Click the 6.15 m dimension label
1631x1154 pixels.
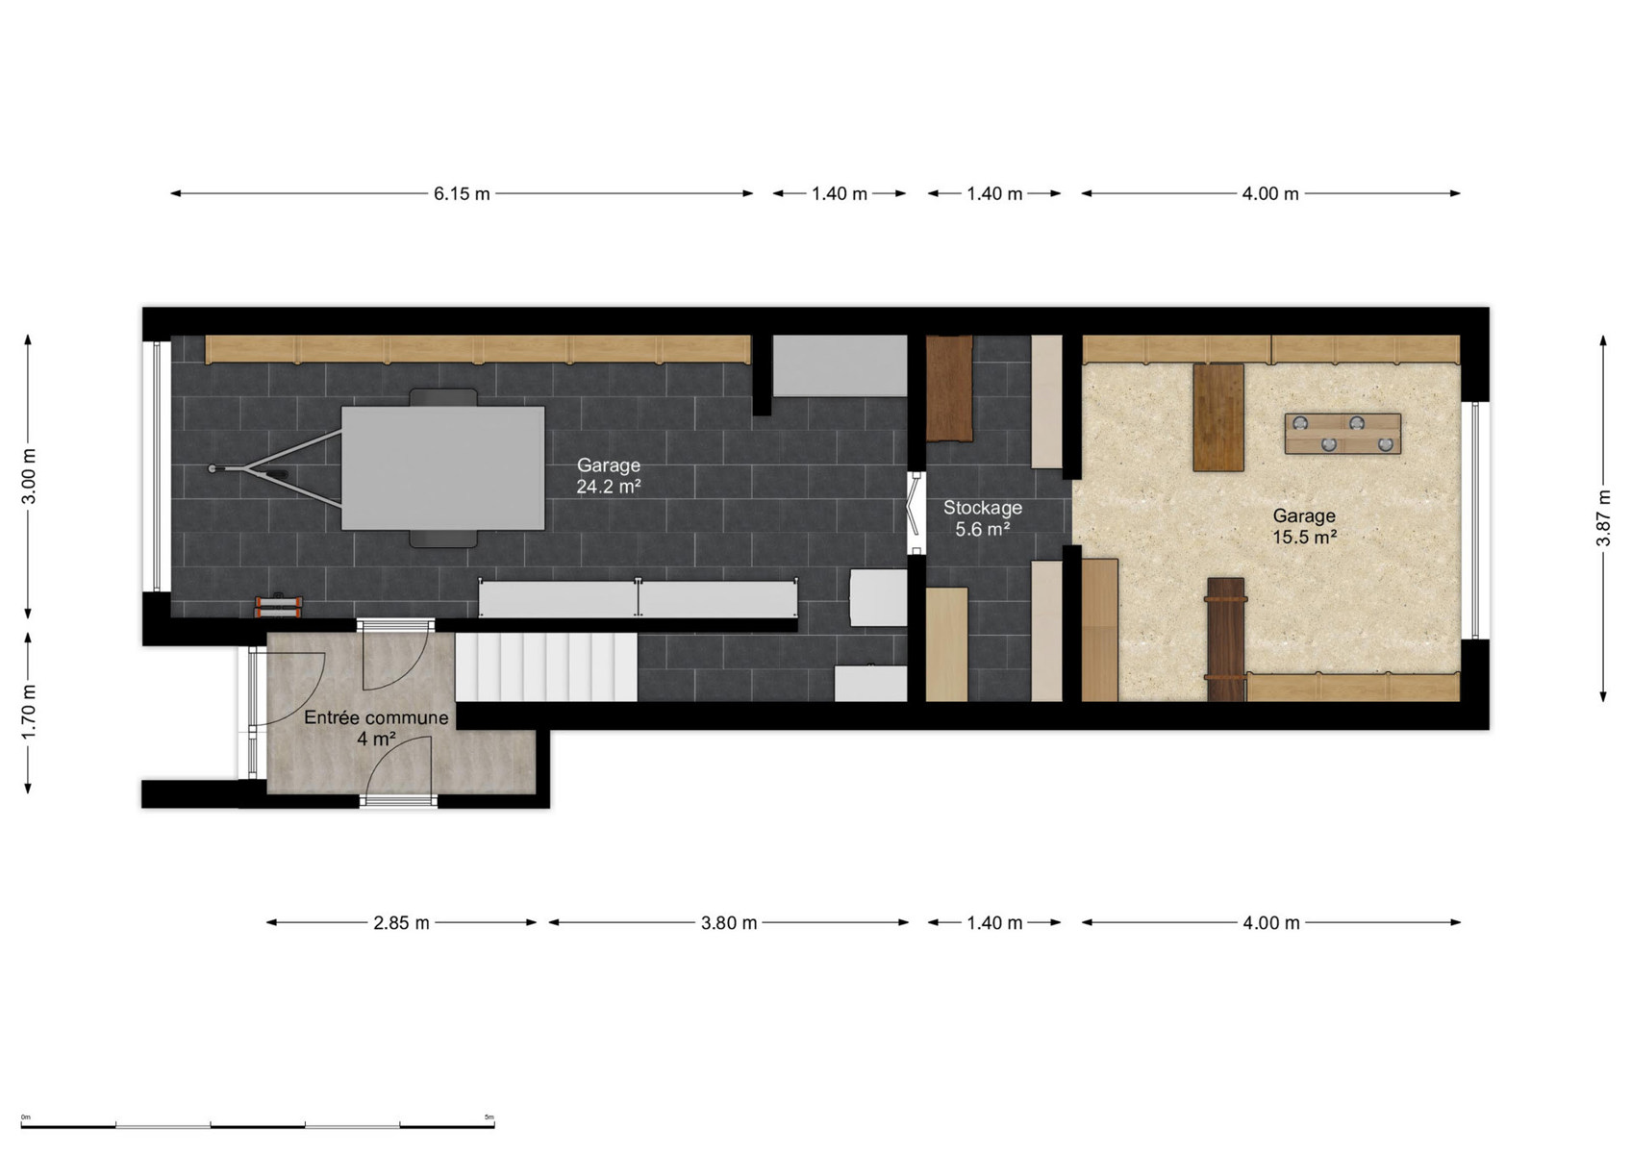pyautogui.click(x=462, y=193)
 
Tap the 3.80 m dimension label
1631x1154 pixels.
pyautogui.click(x=729, y=923)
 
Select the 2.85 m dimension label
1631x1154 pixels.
pyautogui.click(x=401, y=923)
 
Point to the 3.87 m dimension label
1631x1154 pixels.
pyautogui.click(x=1602, y=517)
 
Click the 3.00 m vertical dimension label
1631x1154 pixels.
pyautogui.click(x=29, y=476)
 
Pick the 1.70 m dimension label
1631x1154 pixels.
pyautogui.click(x=29, y=712)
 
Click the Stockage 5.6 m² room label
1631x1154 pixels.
pyautogui.click(x=982, y=518)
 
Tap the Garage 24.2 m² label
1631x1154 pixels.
pyautogui.click(x=609, y=475)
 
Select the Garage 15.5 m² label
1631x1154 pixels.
pyautogui.click(x=1304, y=526)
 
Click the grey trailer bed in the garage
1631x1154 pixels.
pyautogui.click(x=442, y=468)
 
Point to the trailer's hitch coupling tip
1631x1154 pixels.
pyautogui.click(x=212, y=469)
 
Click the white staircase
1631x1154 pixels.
pyautogui.click(x=546, y=667)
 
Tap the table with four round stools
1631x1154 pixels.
pyautogui.click(x=1342, y=434)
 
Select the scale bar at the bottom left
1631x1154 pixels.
pyautogui.click(x=258, y=1125)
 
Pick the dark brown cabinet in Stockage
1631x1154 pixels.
pyautogui.click(x=949, y=389)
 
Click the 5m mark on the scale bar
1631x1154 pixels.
pyautogui.click(x=489, y=1116)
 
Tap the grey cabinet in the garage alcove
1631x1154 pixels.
pyautogui.click(x=840, y=365)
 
